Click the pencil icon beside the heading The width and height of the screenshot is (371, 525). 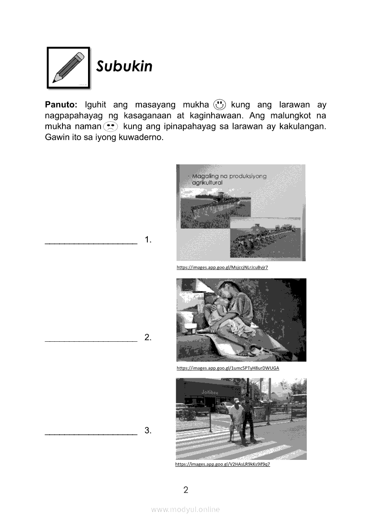[68, 67]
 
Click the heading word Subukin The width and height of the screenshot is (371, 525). [124, 66]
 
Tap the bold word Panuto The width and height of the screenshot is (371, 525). [62, 105]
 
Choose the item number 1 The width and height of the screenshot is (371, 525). [148, 240]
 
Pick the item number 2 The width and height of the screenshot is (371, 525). [148, 338]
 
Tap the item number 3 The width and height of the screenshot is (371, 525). [148, 431]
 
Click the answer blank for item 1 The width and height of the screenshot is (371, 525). [91, 243]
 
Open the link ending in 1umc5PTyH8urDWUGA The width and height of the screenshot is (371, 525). [228, 368]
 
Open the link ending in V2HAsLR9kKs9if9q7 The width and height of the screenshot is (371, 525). [222, 464]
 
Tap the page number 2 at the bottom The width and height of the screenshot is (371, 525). [185, 490]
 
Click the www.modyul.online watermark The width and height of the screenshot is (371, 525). [185, 510]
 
